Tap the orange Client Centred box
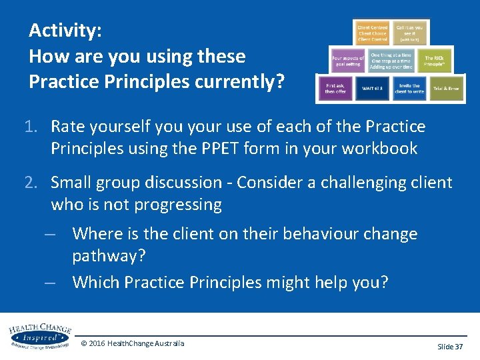[373, 33]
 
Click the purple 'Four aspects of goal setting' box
[348, 61]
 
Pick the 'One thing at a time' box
[391, 61]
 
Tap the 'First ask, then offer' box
[335, 89]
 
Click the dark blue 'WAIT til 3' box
[373, 89]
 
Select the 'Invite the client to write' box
[409, 89]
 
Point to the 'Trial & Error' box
[446, 89]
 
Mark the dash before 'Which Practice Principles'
[49, 283]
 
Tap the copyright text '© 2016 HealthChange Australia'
[132, 343]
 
